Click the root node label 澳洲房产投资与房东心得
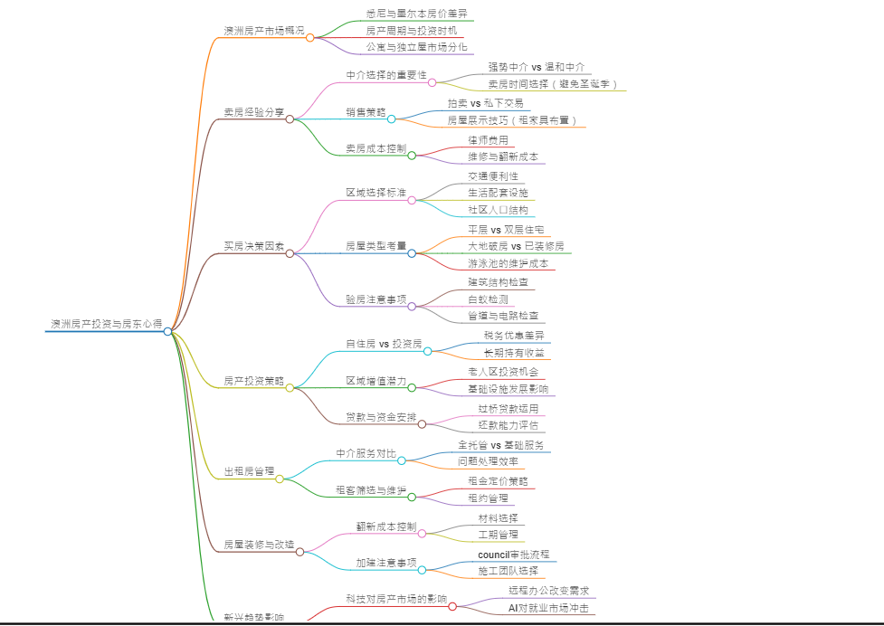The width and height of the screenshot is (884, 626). (107, 323)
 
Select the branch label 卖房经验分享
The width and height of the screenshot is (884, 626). (254, 112)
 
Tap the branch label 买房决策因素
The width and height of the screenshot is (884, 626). (254, 246)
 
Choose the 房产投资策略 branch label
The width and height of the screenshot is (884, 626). (254, 381)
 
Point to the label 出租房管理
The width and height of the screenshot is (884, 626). (250, 471)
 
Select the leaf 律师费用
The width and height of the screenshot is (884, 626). (489, 140)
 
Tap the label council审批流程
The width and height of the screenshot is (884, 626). (513, 555)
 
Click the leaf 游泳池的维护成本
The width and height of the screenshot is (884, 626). (508, 263)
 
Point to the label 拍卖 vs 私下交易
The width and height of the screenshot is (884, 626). (486, 103)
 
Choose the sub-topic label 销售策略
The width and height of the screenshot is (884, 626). (366, 112)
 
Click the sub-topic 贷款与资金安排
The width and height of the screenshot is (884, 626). (381, 418)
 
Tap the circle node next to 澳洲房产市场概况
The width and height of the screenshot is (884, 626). (310, 37)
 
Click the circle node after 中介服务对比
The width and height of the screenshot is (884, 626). (402, 460)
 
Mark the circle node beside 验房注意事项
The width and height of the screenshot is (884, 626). (412, 306)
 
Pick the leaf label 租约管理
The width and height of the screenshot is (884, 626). (488, 498)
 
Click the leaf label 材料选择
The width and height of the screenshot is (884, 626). (499, 518)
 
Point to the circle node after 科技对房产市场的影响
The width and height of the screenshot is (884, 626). (452, 606)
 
